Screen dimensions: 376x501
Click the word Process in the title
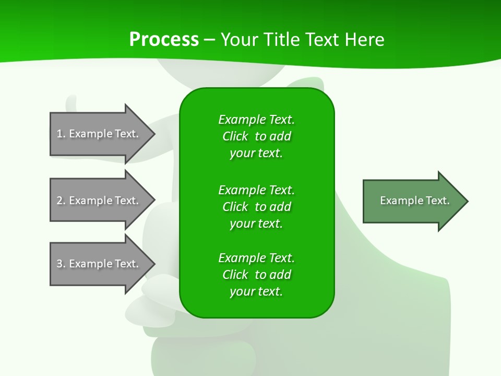[164, 40]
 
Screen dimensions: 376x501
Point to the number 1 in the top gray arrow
[60, 134]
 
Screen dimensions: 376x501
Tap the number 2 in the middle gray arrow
[60, 201]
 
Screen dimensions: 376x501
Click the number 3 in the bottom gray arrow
[60, 264]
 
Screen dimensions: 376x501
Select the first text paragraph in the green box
[256, 136]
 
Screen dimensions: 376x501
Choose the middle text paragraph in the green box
[256, 207]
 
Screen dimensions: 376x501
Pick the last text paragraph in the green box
[256, 275]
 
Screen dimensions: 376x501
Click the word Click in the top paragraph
[235, 136]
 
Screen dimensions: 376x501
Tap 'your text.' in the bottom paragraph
[256, 291]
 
